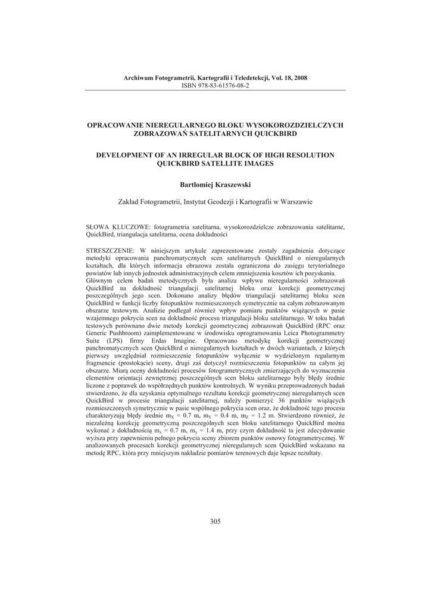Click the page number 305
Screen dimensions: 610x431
(x=215, y=522)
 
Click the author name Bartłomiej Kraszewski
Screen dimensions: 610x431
(x=215, y=185)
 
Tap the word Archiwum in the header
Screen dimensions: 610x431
(x=138, y=79)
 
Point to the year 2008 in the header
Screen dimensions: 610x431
(x=300, y=79)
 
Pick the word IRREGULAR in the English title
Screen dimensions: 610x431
(x=207, y=155)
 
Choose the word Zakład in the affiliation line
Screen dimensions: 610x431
(x=130, y=202)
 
